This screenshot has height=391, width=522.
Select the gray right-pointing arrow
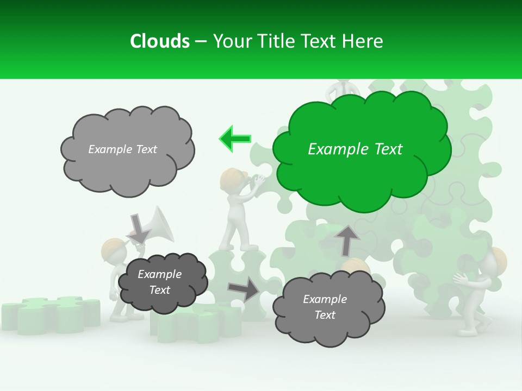click(x=243, y=289)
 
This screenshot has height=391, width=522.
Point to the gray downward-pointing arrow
click(x=138, y=229)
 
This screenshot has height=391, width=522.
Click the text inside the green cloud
click(x=355, y=149)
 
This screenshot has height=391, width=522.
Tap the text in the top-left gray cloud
click(x=122, y=149)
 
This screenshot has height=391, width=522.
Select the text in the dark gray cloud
click(x=159, y=282)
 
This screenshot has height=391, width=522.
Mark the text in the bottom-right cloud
click(x=325, y=307)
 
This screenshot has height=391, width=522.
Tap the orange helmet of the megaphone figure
click(x=113, y=250)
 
